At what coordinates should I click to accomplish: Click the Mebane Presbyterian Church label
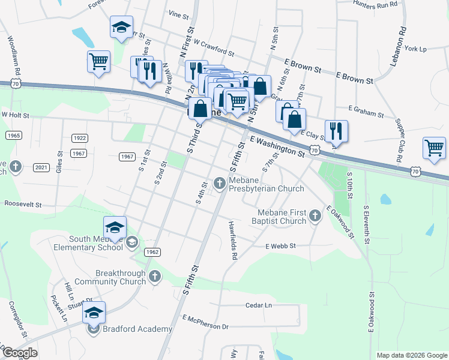(267, 184)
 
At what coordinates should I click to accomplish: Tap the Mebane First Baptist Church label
(282, 217)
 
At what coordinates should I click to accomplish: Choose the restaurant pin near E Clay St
(336, 131)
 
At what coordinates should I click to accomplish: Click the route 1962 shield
(152, 253)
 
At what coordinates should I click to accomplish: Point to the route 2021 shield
(41, 167)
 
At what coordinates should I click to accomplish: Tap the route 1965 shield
(14, 136)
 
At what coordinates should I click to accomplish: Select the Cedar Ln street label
(259, 305)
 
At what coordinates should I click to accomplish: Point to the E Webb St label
(281, 246)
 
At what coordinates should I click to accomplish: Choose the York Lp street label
(415, 49)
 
